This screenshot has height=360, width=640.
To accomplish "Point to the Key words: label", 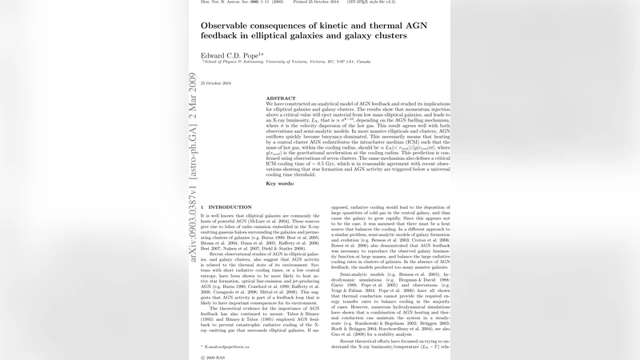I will [x=281, y=184].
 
